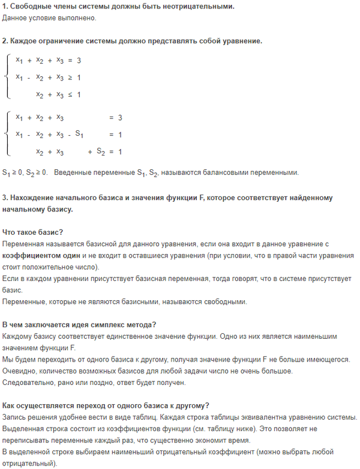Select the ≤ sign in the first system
click(x=70, y=94)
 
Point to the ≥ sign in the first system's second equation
click(x=70, y=77)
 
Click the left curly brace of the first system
click(x=7, y=77)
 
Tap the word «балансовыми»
click(x=227, y=173)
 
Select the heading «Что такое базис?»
click(x=32, y=232)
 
